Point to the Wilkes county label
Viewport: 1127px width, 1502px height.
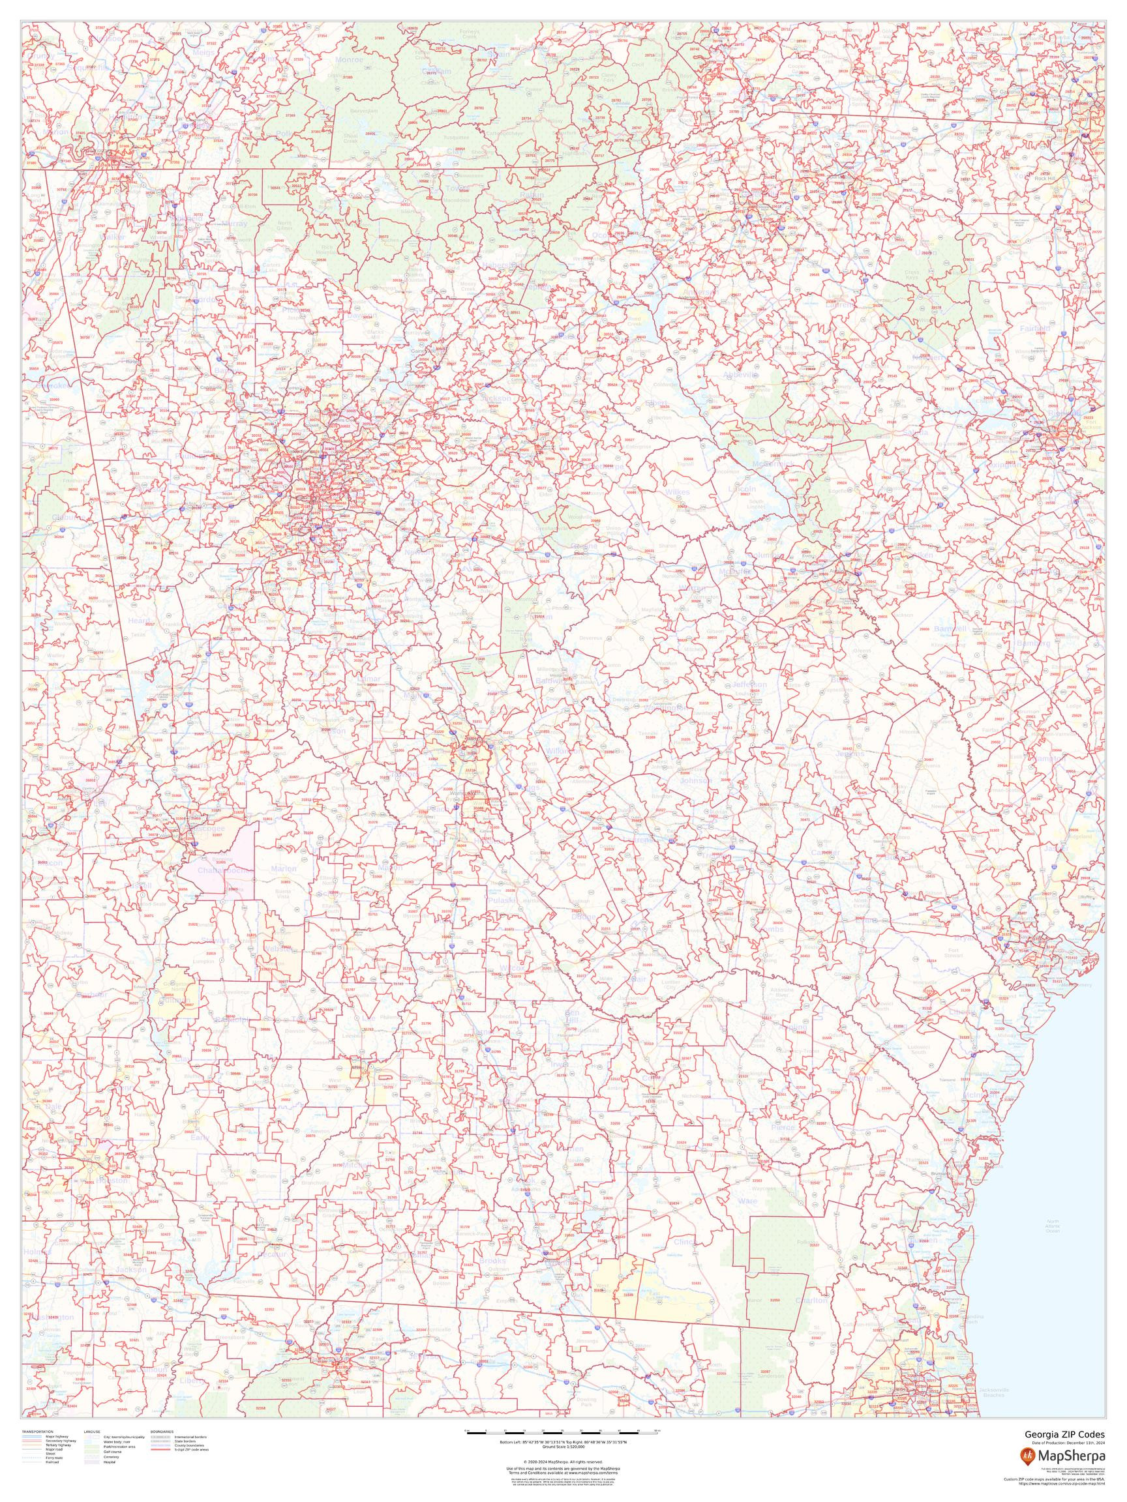point(677,492)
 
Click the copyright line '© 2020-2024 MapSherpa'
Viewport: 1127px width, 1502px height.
point(562,1456)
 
